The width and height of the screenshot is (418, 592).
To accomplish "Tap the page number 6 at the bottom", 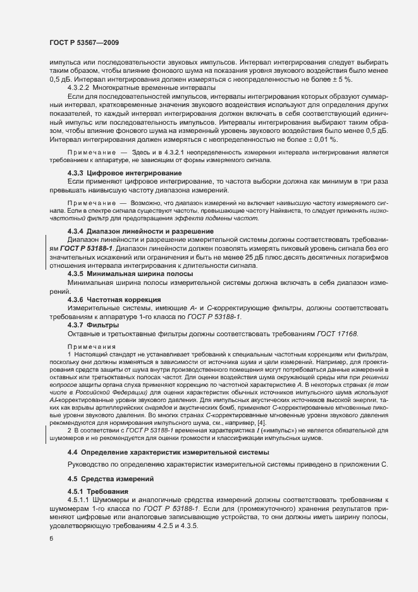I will [x=51, y=538].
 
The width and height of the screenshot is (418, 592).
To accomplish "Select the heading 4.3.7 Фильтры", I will [x=94, y=324].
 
